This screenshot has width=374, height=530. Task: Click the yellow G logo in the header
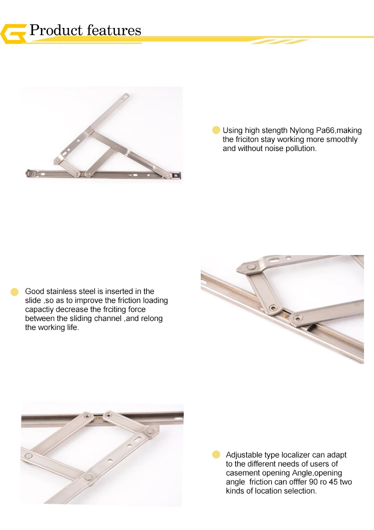coord(13,34)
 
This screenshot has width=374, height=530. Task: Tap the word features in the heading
coord(114,30)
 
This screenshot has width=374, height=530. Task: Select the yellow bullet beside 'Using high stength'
coord(216,130)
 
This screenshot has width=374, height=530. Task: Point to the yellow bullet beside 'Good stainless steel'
coord(14,291)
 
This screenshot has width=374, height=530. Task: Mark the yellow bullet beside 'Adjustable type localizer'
coord(216,454)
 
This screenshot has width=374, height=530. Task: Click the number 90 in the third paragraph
coord(313,482)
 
